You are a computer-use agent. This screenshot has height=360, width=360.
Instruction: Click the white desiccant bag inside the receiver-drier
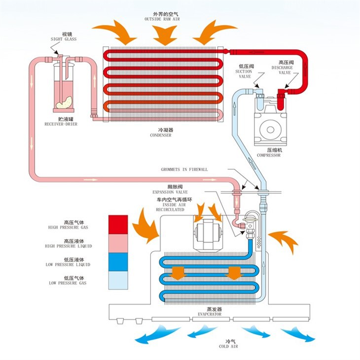pyautogui.click(x=63, y=103)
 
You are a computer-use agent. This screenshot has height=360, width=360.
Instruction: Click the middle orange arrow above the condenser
pyautogui.click(x=165, y=34)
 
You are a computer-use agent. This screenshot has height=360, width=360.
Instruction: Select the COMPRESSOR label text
pyautogui.click(x=269, y=153)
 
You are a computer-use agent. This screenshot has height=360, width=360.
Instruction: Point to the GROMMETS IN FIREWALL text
pyautogui.click(x=184, y=169)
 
